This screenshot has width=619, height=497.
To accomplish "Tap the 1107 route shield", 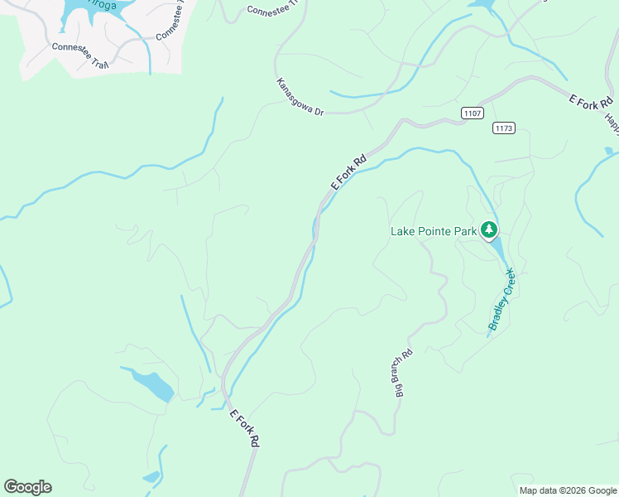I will [x=472, y=113].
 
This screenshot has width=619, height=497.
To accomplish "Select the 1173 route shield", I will [x=503, y=128].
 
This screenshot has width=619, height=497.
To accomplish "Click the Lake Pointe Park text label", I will [x=434, y=231].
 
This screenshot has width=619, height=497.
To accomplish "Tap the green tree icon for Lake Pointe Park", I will [x=489, y=229].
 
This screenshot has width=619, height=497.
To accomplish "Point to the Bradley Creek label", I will [x=501, y=299].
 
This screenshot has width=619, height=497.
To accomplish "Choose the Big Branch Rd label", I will [x=403, y=372].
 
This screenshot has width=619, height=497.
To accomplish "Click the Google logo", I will [x=27, y=487].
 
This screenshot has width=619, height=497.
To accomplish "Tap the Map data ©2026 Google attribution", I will [x=568, y=490].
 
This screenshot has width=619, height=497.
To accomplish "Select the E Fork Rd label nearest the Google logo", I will [x=244, y=429].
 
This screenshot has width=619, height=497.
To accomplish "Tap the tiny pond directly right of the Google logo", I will [x=151, y=476].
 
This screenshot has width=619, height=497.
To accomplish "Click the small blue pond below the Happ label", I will [x=609, y=151].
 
